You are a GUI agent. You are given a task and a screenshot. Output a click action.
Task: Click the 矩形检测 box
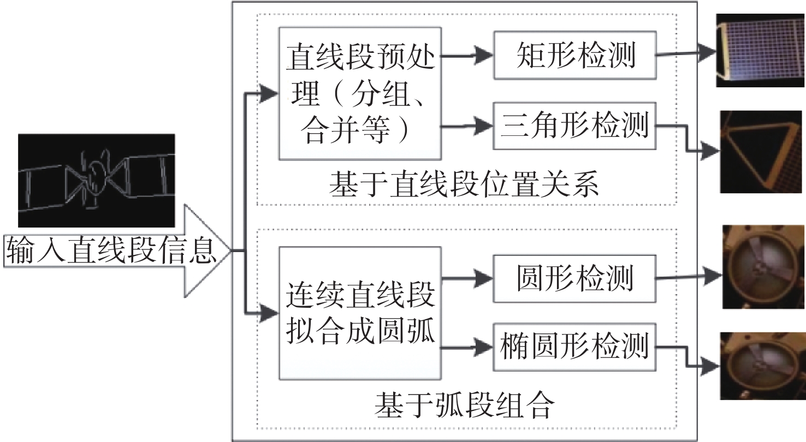(x=575, y=55)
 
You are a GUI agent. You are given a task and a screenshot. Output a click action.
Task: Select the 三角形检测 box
(x=574, y=126)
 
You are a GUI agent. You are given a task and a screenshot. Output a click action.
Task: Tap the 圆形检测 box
(x=574, y=279)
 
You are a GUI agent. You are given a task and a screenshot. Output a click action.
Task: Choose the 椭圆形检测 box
(x=574, y=347)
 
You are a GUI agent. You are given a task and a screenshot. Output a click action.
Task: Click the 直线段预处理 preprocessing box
(x=360, y=93)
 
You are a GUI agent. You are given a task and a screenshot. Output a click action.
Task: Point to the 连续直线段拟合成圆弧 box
(x=360, y=313)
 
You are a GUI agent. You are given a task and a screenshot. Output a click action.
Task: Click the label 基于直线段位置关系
(x=464, y=184)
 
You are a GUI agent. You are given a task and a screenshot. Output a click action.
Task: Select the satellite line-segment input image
(x=97, y=181)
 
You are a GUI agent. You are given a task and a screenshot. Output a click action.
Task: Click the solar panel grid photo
(x=760, y=50)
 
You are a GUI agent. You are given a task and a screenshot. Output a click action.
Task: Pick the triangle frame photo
(x=761, y=152)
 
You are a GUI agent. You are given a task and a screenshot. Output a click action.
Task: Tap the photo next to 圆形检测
(x=763, y=267)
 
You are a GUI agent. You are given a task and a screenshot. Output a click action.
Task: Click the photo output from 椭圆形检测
(x=762, y=366)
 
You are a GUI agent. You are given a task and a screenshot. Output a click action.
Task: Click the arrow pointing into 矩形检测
(x=467, y=56)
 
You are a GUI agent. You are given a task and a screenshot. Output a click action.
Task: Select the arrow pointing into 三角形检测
(x=467, y=126)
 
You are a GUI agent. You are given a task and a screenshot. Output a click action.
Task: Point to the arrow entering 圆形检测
(x=467, y=278)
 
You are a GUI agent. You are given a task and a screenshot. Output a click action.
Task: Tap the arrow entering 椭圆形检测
(x=467, y=348)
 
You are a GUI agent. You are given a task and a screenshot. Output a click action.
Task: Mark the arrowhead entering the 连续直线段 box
(x=269, y=313)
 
